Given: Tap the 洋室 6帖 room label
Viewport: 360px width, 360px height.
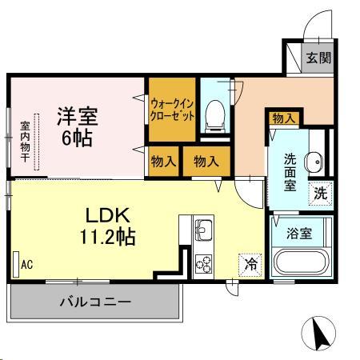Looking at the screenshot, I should tap(77, 126).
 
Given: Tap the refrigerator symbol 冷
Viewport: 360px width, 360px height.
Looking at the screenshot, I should tap(250, 262).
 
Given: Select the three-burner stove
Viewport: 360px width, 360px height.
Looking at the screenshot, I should tap(203, 263).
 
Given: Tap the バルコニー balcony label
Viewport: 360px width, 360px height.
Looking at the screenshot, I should tap(94, 302).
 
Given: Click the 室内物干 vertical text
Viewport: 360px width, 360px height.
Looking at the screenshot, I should tap(25, 142).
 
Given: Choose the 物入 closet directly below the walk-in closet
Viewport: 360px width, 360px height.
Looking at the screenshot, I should tap(206, 161).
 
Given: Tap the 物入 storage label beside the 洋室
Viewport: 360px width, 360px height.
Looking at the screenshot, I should tap(163, 161).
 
